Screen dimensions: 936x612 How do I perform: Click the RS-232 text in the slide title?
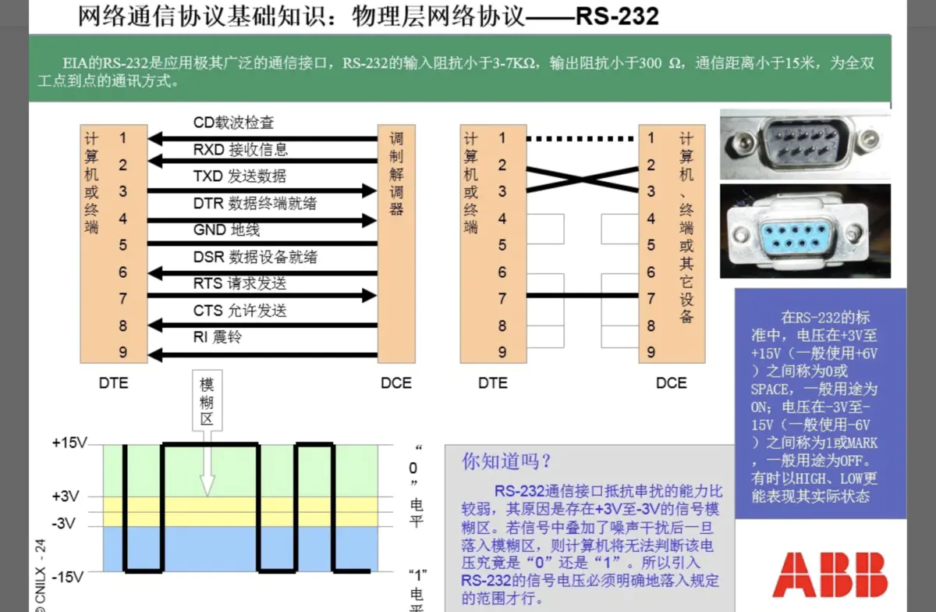(616, 16)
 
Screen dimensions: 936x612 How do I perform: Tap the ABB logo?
(830, 575)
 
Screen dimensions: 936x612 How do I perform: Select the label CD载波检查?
(234, 123)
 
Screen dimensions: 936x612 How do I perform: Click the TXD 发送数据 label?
(239, 176)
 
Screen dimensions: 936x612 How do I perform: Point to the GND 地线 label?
(226, 230)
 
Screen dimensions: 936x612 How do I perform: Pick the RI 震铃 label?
(218, 337)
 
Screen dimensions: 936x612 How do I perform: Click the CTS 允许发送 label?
(240, 311)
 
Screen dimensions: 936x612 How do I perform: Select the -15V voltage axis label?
(68, 578)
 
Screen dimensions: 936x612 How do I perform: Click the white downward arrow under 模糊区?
(207, 468)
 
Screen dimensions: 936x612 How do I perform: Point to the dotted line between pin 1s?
(582, 139)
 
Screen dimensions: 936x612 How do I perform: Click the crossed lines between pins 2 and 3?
(582, 179)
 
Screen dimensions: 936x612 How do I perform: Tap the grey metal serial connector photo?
(804, 144)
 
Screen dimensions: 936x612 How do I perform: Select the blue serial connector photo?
(804, 232)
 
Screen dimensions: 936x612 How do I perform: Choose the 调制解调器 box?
(396, 244)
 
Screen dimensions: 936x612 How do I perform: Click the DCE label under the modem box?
(396, 383)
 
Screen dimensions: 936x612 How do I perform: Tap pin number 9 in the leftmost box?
(122, 352)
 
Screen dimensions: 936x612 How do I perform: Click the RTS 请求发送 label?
(240, 283)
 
